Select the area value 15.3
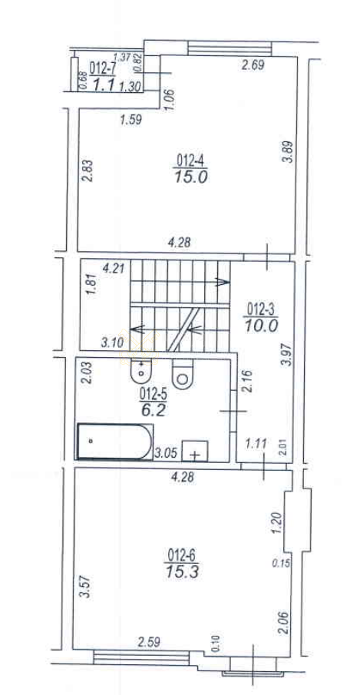point(182,572)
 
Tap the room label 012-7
point(101,68)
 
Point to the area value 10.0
point(261,326)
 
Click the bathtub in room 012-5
point(115,442)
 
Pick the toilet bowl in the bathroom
point(182,374)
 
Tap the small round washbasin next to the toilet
point(142,371)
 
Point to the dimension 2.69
point(253,66)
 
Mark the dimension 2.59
point(149,641)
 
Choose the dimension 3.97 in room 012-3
point(289,355)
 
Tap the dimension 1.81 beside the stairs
point(91,286)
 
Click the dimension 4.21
point(114,268)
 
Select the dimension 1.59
point(130,120)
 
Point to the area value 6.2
point(154,410)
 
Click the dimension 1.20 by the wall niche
point(277,524)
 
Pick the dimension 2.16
point(247,382)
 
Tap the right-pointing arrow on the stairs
point(222,282)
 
